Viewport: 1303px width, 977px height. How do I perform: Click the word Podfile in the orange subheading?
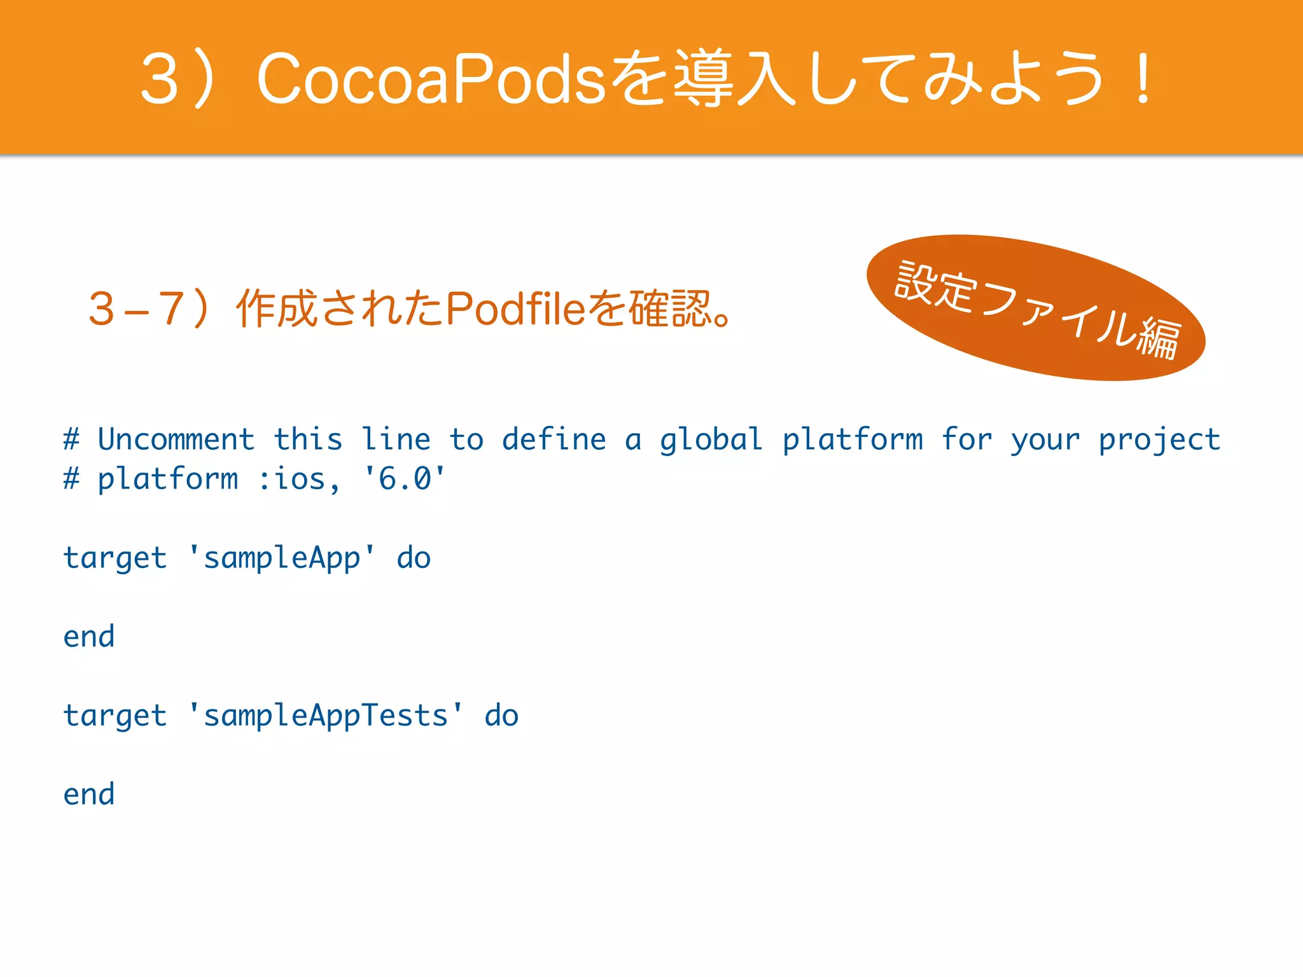[515, 309]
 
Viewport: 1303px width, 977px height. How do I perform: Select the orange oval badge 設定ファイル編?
[1036, 308]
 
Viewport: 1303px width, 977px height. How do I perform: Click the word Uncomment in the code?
[176, 440]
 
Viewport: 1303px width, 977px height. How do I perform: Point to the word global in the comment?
[711, 440]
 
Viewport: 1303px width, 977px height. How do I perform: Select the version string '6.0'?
[404, 478]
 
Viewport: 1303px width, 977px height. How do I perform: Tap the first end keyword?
[89, 637]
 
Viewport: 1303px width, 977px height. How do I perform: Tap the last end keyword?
[89, 794]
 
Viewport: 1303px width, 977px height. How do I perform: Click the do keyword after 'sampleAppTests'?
[501, 716]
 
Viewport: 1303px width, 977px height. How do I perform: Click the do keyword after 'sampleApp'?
[414, 558]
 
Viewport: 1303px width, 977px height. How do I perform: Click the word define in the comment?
[554, 440]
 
